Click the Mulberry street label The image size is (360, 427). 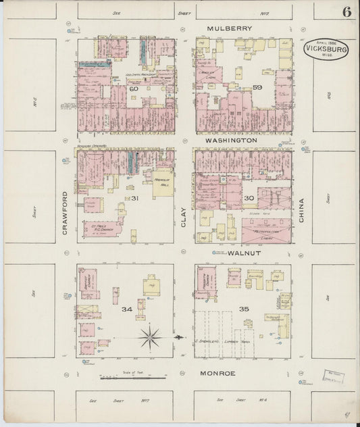230,28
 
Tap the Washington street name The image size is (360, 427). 231,140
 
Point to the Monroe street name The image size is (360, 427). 217,372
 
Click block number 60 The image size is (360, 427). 134,89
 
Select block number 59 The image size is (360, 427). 257,87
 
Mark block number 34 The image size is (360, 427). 126,309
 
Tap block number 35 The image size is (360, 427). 245,309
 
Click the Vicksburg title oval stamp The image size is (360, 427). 326,49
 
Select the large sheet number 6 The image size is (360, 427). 346,11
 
